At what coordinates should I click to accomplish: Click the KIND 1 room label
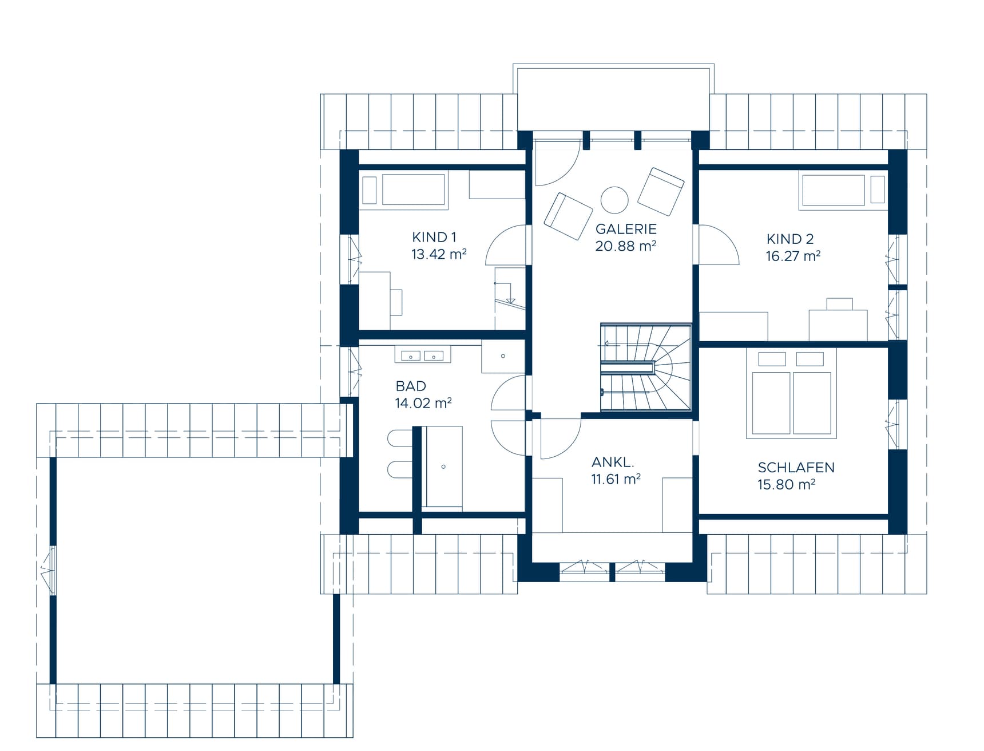point(434,237)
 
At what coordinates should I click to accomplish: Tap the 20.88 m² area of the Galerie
point(625,246)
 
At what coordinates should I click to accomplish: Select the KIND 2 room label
point(790,239)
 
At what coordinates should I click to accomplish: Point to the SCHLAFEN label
point(796,468)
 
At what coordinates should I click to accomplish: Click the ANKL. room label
point(613,462)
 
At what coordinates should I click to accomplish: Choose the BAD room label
point(411,386)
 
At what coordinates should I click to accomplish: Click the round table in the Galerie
point(614,200)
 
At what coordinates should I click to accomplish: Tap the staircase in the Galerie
point(646,367)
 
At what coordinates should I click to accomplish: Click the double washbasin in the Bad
point(423,355)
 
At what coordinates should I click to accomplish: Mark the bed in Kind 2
point(843,189)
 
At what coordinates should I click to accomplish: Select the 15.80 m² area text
point(786,485)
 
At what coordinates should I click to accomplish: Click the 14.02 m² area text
point(423,403)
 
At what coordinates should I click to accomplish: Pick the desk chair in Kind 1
point(396,302)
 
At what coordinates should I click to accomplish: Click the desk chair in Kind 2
point(839,304)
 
